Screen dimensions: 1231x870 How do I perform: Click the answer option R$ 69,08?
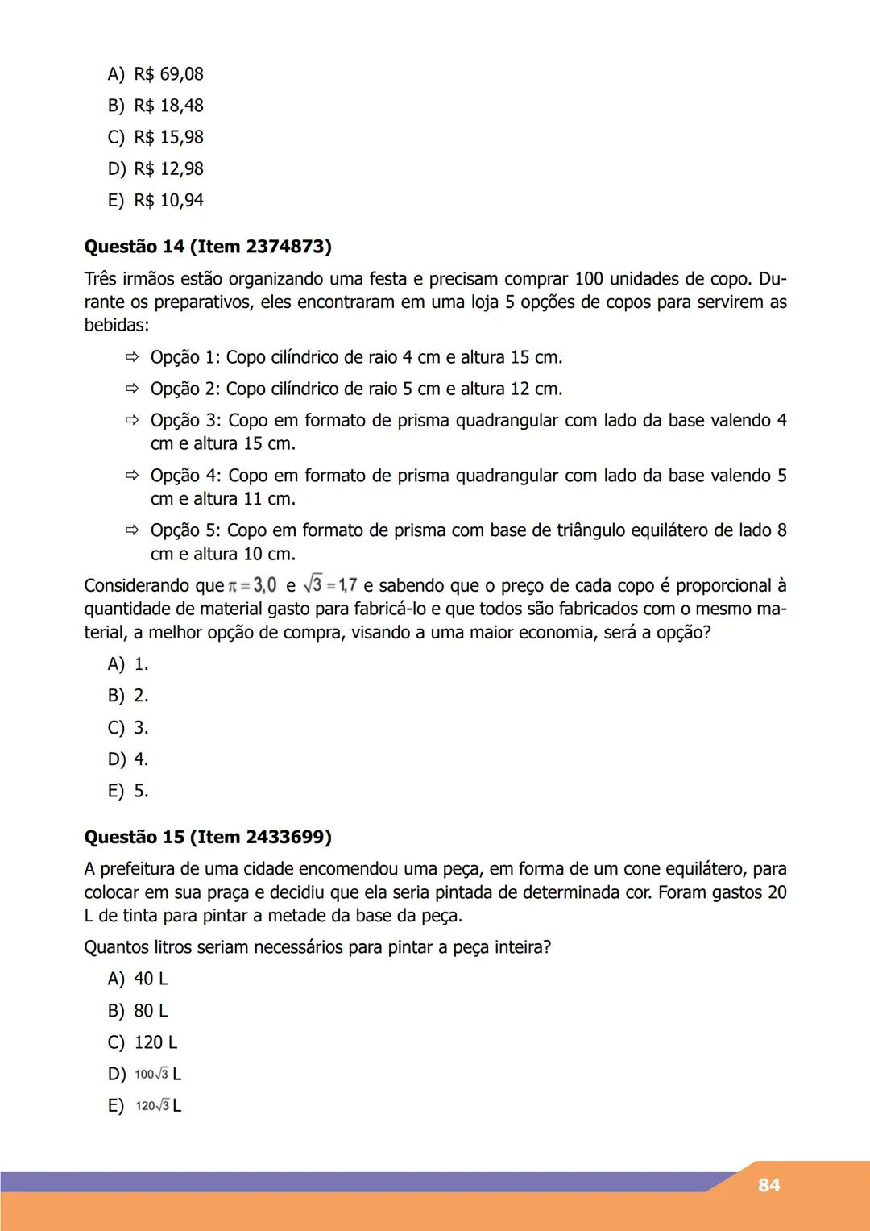pyautogui.click(x=155, y=74)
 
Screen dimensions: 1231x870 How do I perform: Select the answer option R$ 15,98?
pyautogui.click(x=155, y=137)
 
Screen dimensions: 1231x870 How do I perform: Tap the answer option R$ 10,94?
pyautogui.click(x=155, y=200)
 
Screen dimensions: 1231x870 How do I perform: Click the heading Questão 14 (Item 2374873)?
pyautogui.click(x=208, y=247)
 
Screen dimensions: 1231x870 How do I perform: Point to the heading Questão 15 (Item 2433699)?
pyautogui.click(x=208, y=837)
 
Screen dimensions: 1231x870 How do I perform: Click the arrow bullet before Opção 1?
pyautogui.click(x=132, y=357)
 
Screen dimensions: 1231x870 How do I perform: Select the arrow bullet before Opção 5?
pyautogui.click(x=132, y=530)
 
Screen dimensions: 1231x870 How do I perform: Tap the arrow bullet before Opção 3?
pyautogui.click(x=132, y=420)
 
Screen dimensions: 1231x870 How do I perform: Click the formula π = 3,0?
pyautogui.click(x=252, y=585)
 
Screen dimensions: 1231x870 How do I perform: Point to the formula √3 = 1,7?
pyautogui.click(x=330, y=585)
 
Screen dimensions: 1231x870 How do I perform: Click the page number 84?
pyautogui.click(x=768, y=1185)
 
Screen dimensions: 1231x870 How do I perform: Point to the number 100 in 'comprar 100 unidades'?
pyautogui.click(x=589, y=279)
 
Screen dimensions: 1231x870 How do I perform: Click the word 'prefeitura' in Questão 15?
pyautogui.click(x=137, y=869)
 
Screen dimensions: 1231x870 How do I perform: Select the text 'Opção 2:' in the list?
pyautogui.click(x=184, y=389)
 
